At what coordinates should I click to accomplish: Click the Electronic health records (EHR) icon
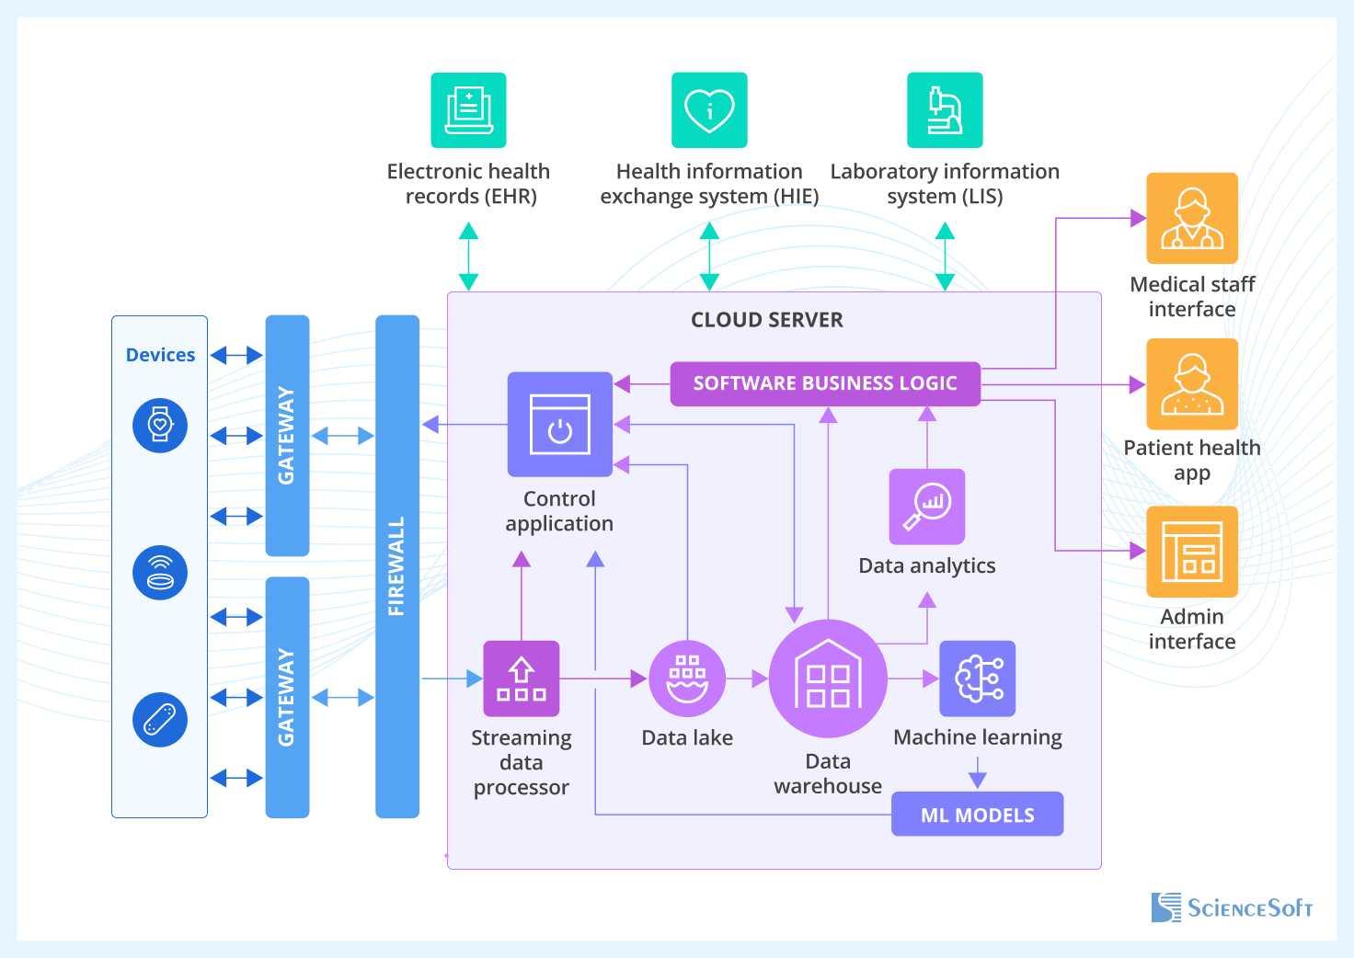tap(468, 110)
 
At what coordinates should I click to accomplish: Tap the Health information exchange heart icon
tap(709, 110)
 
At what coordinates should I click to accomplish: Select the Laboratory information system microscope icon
tap(945, 110)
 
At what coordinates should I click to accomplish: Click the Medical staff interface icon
tap(1192, 218)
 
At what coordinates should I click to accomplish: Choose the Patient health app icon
tap(1192, 384)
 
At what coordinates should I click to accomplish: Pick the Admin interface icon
tap(1192, 552)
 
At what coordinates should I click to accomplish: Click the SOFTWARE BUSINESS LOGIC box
tap(825, 383)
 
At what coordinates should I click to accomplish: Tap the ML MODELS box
tap(977, 815)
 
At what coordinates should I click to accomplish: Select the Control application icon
tap(559, 424)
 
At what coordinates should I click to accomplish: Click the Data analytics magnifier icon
tap(926, 507)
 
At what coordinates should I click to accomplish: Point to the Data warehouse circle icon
tap(828, 679)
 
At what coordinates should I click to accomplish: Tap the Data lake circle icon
tap(687, 679)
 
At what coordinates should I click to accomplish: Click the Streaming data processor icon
tap(522, 679)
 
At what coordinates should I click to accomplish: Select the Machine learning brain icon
tap(977, 679)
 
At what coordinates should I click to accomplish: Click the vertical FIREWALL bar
tap(397, 565)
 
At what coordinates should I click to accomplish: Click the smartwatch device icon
tap(160, 426)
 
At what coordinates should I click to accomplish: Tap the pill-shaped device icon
tap(160, 719)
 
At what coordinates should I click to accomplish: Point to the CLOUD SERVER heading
tap(767, 320)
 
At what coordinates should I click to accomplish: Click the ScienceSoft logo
tap(1232, 907)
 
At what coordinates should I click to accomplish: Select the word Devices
tap(160, 355)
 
